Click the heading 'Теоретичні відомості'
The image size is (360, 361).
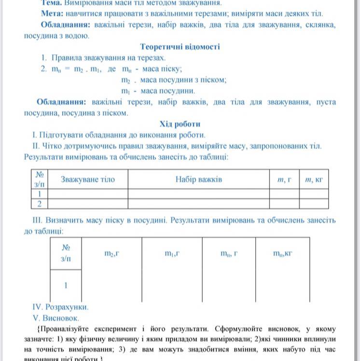click(x=180, y=47)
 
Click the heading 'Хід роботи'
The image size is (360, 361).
click(x=180, y=124)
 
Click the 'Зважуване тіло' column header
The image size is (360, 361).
click(x=87, y=180)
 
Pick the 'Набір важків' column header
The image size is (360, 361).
click(x=198, y=180)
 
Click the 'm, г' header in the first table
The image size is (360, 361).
click(x=284, y=180)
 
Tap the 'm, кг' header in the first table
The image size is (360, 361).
click(x=314, y=180)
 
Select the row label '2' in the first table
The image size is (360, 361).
click(x=39, y=203)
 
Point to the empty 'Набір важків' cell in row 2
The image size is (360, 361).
click(x=198, y=203)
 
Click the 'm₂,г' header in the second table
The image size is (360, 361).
click(x=111, y=253)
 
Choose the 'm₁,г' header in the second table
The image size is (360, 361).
click(x=172, y=253)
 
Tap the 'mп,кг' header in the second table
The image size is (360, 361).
click(x=283, y=253)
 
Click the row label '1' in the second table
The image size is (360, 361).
click(x=66, y=285)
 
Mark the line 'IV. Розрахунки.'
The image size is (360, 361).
click(x=60, y=307)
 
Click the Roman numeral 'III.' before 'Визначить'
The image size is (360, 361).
click(x=38, y=220)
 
